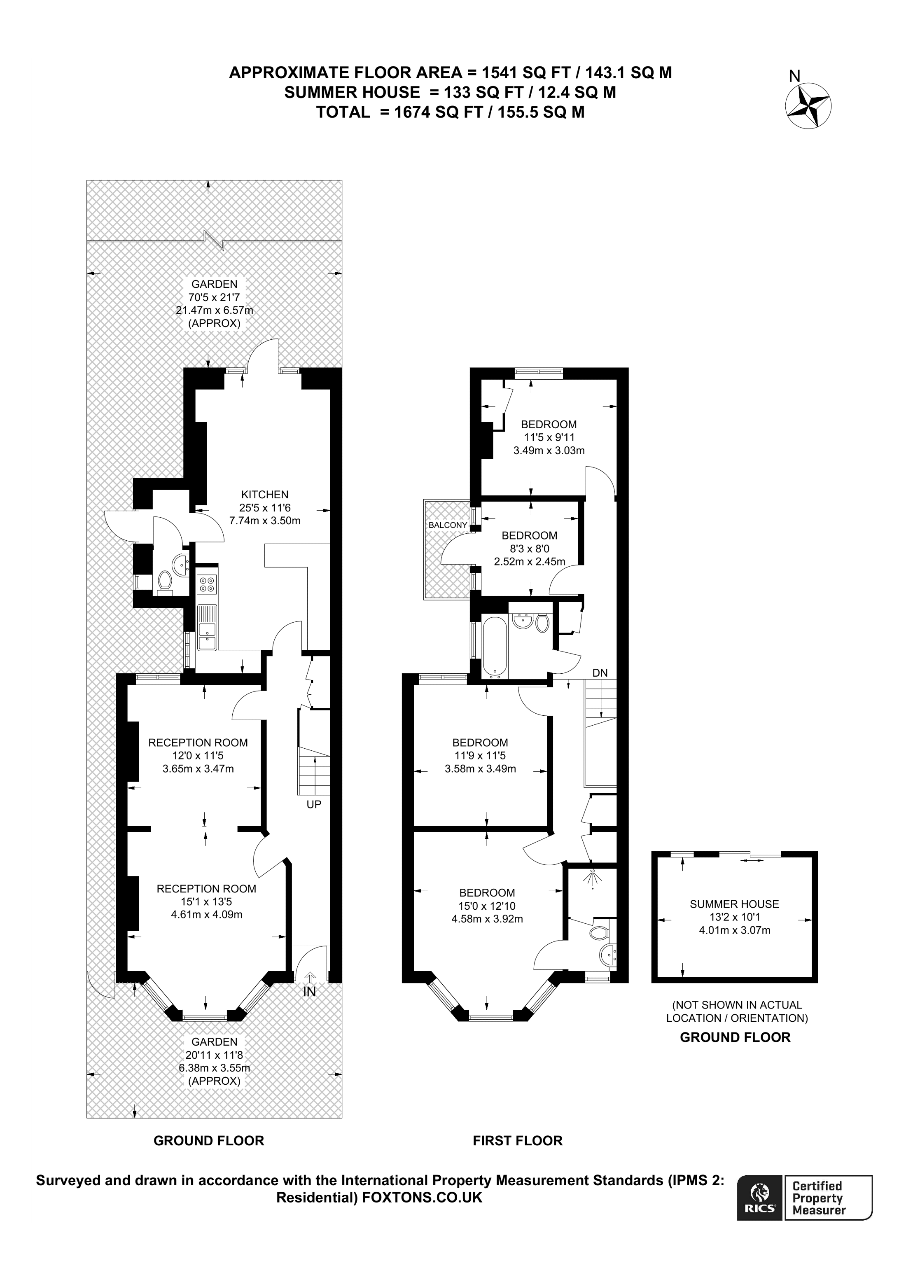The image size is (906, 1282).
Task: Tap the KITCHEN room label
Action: coord(265,494)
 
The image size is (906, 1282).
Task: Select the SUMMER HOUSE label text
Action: coord(734,904)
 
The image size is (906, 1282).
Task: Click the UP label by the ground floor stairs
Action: coord(314,805)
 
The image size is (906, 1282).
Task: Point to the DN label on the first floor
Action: coord(600,673)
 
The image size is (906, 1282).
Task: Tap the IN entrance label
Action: coord(309,992)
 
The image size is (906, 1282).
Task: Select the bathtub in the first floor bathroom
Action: coord(494,645)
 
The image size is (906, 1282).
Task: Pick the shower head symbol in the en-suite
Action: coord(591,878)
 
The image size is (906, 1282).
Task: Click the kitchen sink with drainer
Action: coord(207,628)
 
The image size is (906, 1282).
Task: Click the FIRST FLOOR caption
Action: coord(518,1141)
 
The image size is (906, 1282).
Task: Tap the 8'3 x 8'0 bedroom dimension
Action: coord(529,549)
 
